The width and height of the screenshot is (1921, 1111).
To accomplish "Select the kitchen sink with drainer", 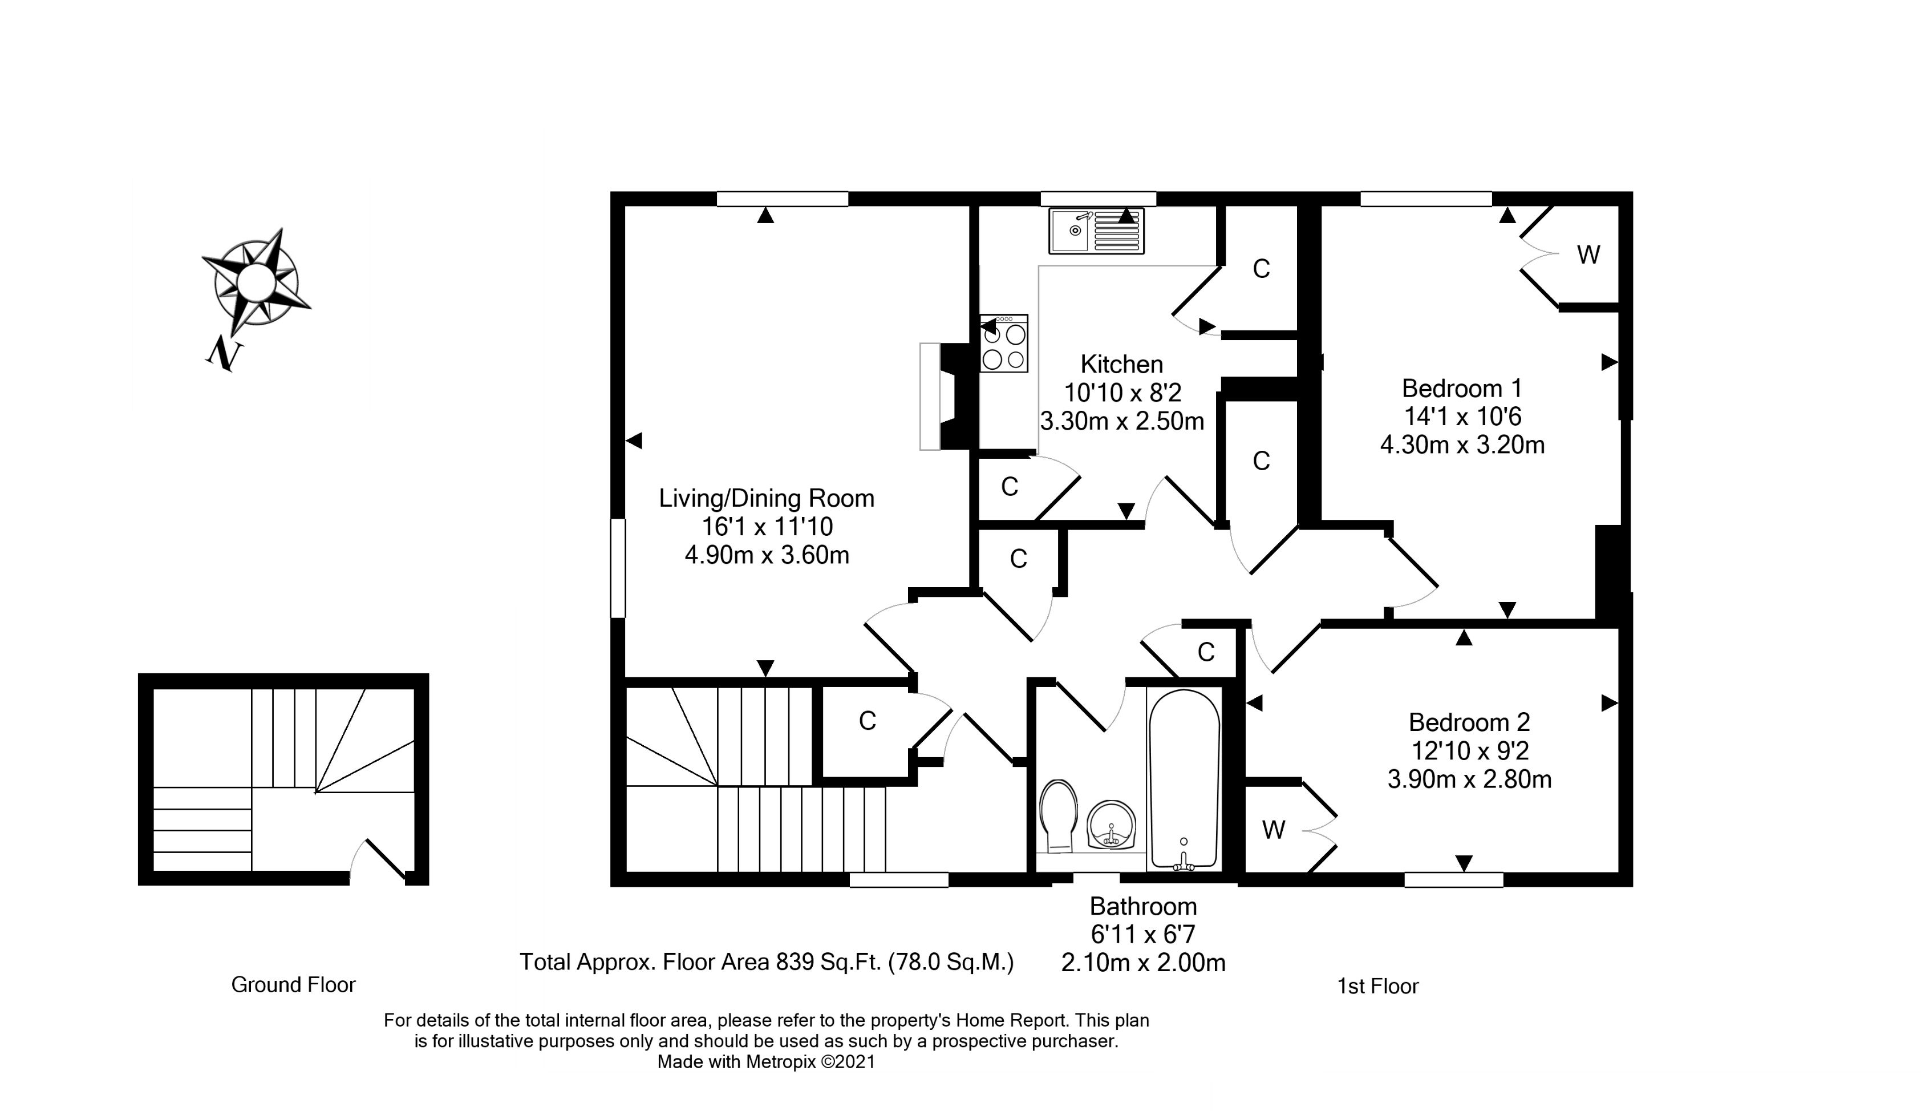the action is [x=1096, y=231].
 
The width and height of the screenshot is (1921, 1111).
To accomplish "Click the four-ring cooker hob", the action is [x=1004, y=343].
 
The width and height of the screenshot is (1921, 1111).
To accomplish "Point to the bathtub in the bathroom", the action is [x=1184, y=779].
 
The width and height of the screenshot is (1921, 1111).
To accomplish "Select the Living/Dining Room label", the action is [x=766, y=498].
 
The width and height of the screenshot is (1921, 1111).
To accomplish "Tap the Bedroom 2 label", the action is [x=1469, y=722].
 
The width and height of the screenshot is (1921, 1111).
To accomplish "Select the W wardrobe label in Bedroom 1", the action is [x=1588, y=254].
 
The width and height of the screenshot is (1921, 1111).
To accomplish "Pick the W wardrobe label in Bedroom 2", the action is [x=1274, y=829].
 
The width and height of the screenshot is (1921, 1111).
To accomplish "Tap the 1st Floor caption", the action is [x=1377, y=986].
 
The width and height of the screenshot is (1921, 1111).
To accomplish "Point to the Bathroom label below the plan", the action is [x=1142, y=906].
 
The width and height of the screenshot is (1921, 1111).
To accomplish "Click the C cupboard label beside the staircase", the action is [x=867, y=721].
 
